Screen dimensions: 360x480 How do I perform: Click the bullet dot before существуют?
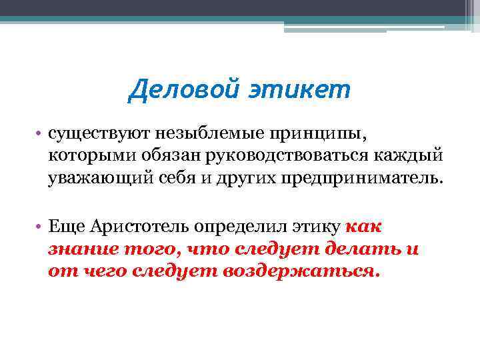(x=41, y=134)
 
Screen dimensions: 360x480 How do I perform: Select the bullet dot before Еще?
(x=41, y=227)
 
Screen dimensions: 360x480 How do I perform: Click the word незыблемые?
(x=191, y=134)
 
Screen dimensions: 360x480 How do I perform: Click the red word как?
(x=364, y=227)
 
